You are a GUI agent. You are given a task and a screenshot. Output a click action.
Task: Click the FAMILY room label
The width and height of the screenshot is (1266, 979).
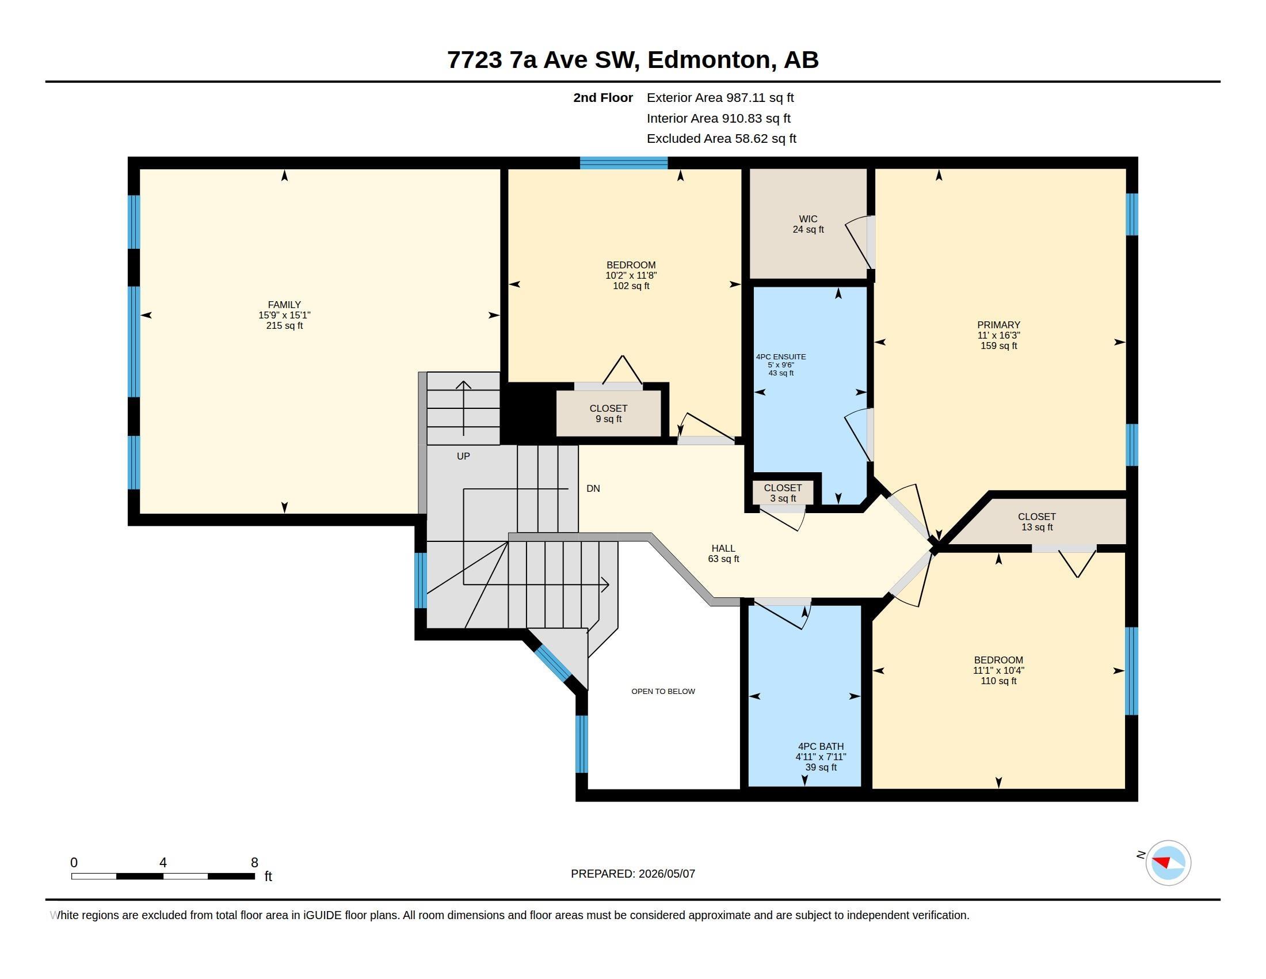[x=284, y=305]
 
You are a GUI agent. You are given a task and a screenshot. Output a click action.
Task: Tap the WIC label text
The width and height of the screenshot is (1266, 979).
[x=808, y=219]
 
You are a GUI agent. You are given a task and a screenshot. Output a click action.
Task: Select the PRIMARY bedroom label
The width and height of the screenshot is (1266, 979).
[x=998, y=325]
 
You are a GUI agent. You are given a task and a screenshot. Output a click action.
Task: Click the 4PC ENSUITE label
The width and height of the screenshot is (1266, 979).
[x=781, y=356]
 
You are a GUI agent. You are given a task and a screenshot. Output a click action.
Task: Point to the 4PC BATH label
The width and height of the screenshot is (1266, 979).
[x=821, y=746]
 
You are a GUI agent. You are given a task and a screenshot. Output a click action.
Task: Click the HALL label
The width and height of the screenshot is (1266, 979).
[x=723, y=548]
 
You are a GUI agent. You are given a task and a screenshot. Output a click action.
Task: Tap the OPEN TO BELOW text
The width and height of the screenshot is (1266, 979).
[x=663, y=691]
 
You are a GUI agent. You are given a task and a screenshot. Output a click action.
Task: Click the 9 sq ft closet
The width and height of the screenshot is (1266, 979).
[x=609, y=413]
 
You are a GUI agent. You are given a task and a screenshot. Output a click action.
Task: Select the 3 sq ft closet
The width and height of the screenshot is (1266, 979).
[x=783, y=493]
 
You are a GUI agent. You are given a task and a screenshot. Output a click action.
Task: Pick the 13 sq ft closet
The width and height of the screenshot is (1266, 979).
[x=1037, y=521]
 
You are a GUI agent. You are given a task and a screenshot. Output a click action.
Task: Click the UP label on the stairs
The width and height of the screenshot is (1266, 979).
[x=463, y=457]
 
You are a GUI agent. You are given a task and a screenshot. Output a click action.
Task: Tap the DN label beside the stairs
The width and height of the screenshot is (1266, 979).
[x=593, y=488]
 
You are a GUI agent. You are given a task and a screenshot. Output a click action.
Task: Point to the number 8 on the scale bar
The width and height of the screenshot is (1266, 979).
[x=254, y=863]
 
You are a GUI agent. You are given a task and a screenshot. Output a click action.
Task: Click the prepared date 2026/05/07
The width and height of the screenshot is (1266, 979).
[x=666, y=874]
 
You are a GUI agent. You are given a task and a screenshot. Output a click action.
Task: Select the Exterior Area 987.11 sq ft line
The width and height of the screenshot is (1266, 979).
[x=720, y=97]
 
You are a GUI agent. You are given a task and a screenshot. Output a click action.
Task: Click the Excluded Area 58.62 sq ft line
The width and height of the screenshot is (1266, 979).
[x=722, y=139]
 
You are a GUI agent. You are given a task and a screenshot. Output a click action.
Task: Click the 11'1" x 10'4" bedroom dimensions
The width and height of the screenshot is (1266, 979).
[x=998, y=670]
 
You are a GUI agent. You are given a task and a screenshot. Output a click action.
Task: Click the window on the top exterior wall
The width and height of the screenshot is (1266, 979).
[x=624, y=163]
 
